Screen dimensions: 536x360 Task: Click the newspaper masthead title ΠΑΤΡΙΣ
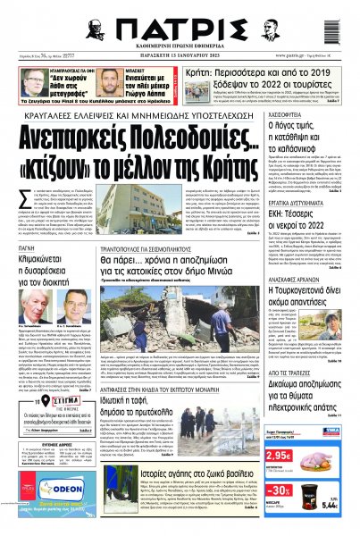pos(179,21)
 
